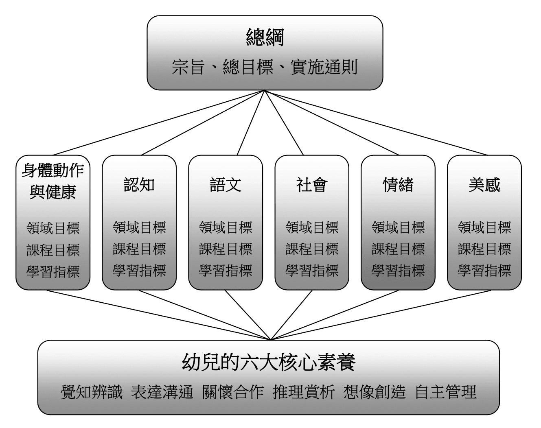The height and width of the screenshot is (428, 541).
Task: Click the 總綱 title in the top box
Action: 265,37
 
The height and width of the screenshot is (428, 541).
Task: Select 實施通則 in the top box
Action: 324,67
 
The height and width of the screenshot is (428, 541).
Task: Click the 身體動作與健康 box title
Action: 53,181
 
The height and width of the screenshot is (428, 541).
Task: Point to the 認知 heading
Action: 139,185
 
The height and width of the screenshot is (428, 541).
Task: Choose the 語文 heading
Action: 226,185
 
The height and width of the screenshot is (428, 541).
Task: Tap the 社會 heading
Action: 312,185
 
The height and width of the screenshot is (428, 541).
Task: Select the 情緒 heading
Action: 398,185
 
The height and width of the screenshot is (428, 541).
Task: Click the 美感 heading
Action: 484,185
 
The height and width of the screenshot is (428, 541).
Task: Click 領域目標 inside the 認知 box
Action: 139,227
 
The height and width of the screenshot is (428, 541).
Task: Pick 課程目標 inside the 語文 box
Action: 226,249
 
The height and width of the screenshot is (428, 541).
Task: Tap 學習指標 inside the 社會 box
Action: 312,271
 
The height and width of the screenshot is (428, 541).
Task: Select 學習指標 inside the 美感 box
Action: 484,271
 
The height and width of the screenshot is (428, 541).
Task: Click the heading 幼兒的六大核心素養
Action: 269,362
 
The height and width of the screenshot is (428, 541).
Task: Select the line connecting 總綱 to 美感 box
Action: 376,122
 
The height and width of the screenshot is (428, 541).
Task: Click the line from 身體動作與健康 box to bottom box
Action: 159,315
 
